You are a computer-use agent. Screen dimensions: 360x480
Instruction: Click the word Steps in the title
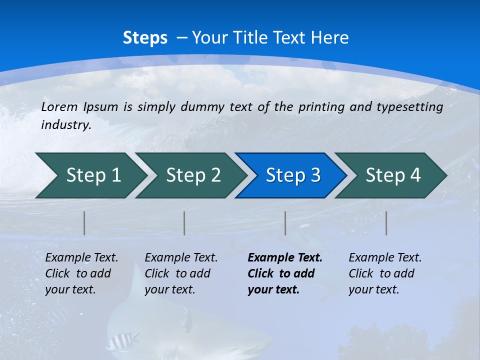pos(145,38)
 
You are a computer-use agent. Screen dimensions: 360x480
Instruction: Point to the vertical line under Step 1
pos(84,223)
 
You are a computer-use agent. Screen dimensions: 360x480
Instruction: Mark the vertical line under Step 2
pos(184,223)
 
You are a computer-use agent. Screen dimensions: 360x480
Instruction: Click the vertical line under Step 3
pos(285,223)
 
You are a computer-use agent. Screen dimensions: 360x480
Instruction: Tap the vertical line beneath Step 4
pos(386,223)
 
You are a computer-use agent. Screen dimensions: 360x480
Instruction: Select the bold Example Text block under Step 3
pos(284,273)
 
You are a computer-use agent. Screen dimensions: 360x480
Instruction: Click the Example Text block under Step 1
pos(81,273)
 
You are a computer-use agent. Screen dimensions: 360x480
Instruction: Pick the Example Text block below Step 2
pos(181,273)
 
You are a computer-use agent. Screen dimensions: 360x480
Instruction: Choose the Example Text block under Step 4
pos(385,273)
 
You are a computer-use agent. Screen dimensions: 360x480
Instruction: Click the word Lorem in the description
pos(59,106)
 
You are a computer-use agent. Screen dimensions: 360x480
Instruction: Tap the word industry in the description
pos(65,125)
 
